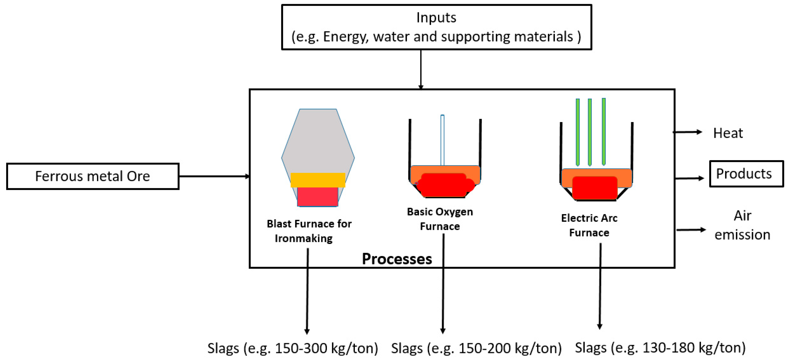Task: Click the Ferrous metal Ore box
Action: [93, 176]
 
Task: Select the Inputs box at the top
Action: [436, 27]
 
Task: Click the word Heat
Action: [728, 133]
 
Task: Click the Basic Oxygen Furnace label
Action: [440, 219]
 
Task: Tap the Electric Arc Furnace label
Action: [589, 225]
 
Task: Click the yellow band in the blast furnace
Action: [318, 180]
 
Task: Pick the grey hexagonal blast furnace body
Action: [318, 141]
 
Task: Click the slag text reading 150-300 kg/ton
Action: [293, 348]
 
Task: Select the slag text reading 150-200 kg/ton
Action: [476, 348]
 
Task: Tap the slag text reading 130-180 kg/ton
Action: [660, 348]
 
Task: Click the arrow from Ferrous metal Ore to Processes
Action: [214, 176]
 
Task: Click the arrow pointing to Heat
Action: [687, 132]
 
